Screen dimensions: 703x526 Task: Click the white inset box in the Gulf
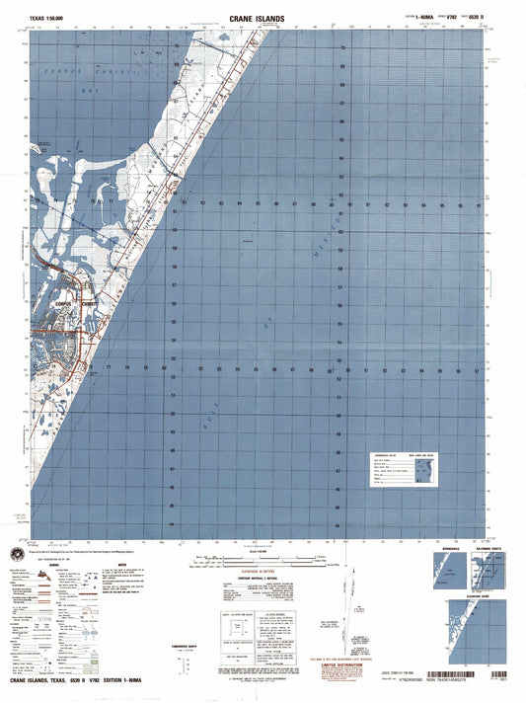398,468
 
